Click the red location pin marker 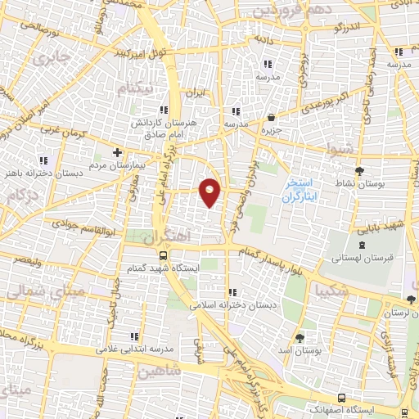pos(210,192)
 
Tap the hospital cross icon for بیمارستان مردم pos(118,152)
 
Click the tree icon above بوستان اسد pos(300,337)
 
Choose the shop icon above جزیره pos(271,117)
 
